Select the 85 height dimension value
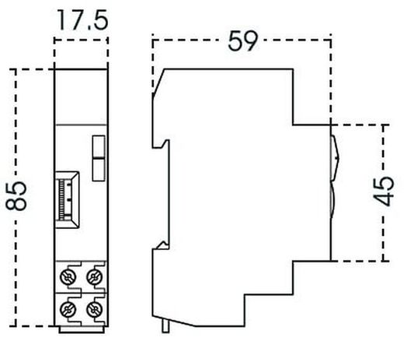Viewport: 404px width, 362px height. pyautogui.click(x=16, y=197)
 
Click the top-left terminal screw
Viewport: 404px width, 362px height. pyautogui.click(x=68, y=275)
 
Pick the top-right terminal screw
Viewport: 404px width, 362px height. pyautogui.click(x=95, y=275)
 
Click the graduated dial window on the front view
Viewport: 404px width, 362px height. pyautogui.click(x=65, y=200)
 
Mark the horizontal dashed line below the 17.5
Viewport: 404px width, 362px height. pyautogui.click(x=81, y=35)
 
